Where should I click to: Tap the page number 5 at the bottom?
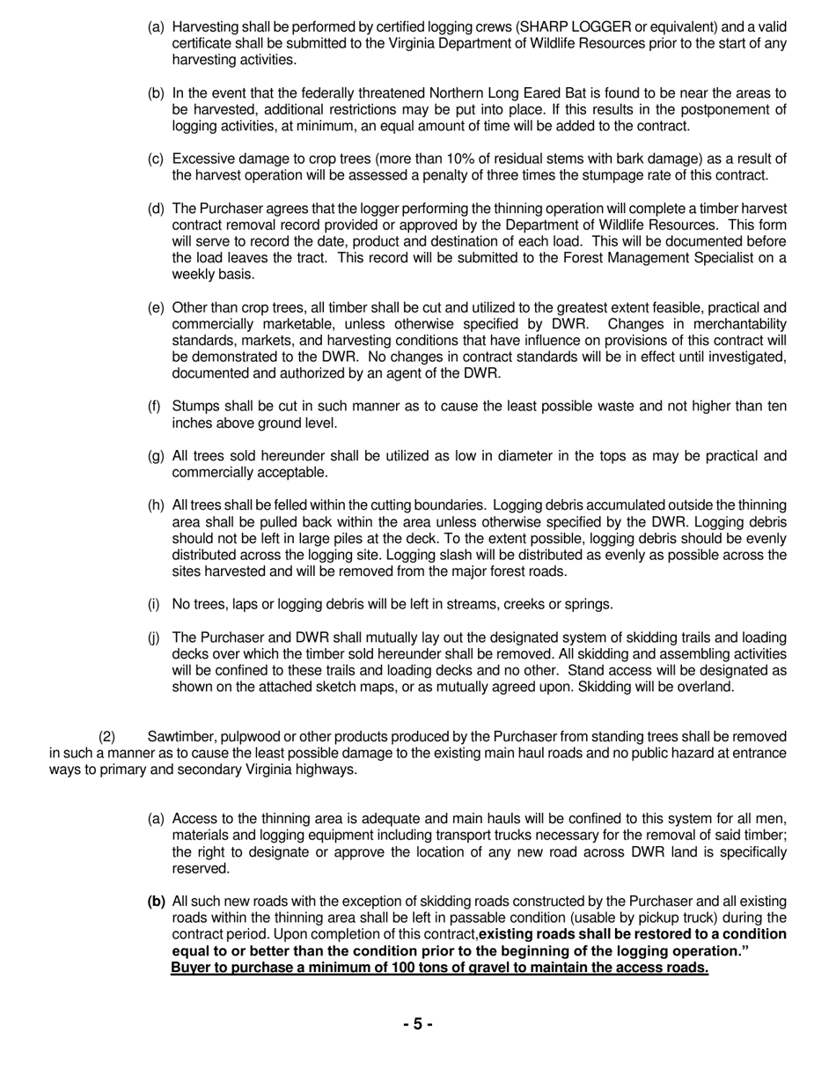(x=417, y=1023)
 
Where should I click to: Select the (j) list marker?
(x=155, y=637)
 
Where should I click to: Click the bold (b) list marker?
(x=156, y=901)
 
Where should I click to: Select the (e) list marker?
(x=156, y=307)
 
